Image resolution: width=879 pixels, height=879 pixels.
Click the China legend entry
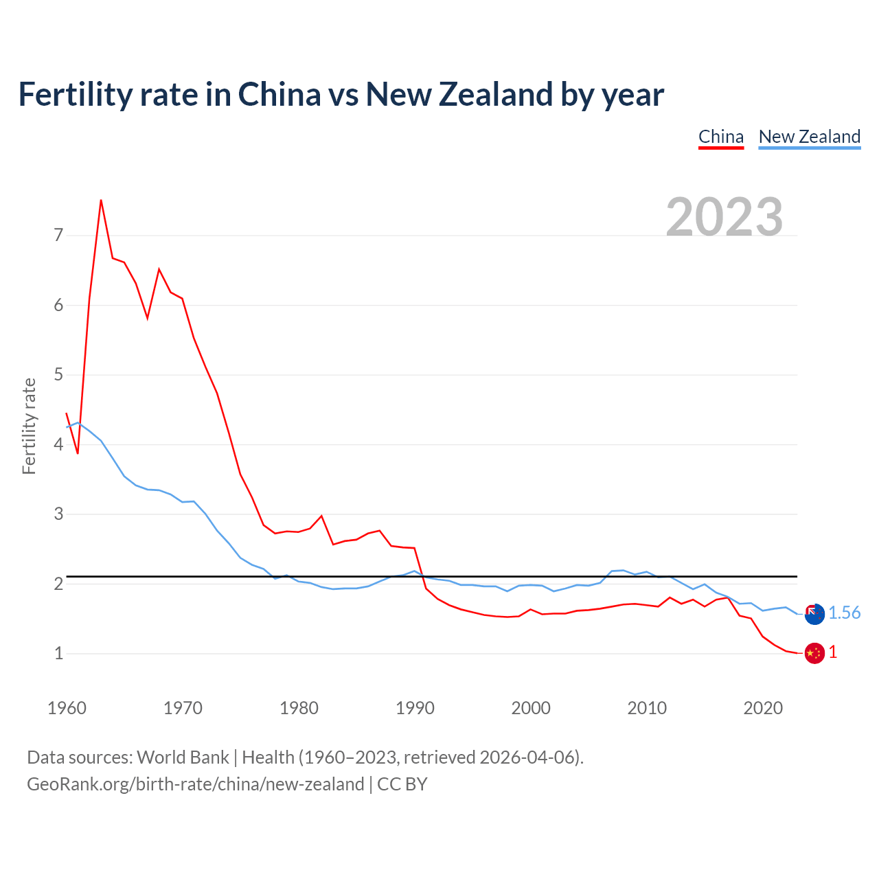click(x=721, y=137)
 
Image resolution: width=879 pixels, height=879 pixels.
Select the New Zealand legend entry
click(x=809, y=137)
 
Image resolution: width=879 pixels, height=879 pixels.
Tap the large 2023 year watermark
click(x=724, y=217)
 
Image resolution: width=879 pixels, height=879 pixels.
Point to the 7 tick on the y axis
click(x=58, y=236)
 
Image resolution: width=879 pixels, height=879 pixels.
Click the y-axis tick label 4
click(x=58, y=444)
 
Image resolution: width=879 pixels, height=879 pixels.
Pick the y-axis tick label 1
click(x=58, y=653)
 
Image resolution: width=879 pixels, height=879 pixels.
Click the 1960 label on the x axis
click(x=67, y=708)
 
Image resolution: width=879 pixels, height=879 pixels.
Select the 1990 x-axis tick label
click(x=415, y=708)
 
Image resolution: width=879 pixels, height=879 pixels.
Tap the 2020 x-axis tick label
click(x=763, y=708)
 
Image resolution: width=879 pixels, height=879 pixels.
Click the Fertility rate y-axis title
click(x=29, y=426)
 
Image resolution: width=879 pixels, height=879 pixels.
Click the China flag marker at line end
click(x=814, y=653)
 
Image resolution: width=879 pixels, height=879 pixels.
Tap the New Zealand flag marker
click(x=814, y=614)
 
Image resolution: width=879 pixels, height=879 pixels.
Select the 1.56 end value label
click(x=844, y=613)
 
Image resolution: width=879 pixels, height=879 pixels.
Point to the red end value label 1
click(x=833, y=652)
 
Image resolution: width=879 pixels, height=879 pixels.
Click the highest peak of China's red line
click(x=101, y=200)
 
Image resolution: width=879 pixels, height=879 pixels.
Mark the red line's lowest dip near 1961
click(x=78, y=453)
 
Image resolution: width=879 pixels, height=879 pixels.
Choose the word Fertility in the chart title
click(x=73, y=94)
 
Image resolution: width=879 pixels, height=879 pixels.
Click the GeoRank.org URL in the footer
click(x=195, y=784)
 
